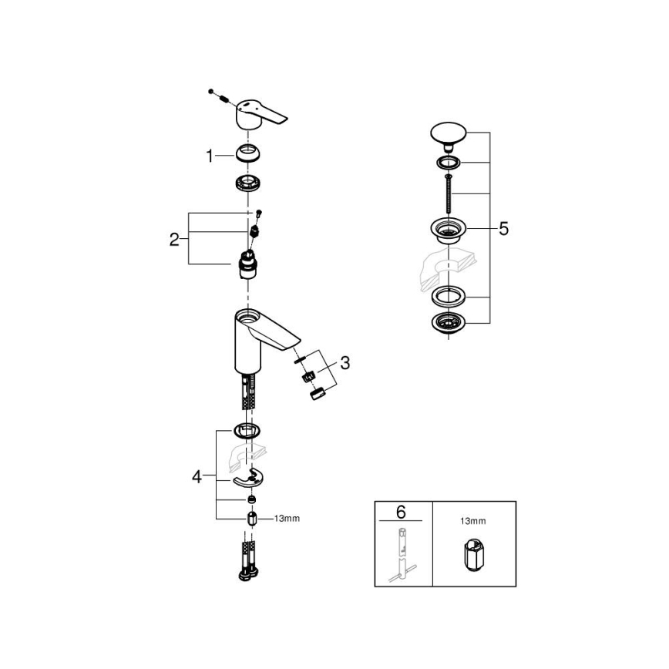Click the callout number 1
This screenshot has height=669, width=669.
[208, 156]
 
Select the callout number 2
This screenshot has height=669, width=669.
[174, 239]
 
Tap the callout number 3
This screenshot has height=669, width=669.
[345, 362]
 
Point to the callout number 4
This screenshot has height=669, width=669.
[197, 478]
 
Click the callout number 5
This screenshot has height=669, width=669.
[503, 229]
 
